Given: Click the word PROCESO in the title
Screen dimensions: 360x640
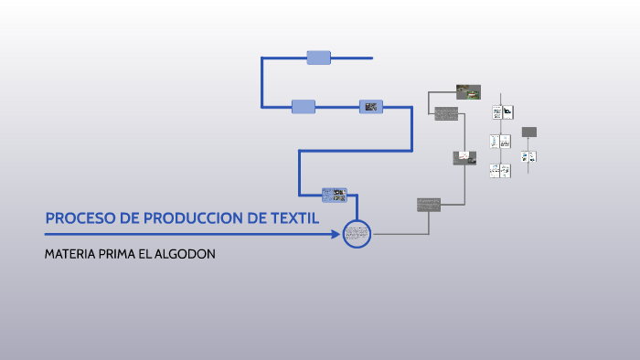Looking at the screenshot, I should [73, 218].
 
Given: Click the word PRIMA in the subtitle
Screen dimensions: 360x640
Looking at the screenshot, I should [117, 254].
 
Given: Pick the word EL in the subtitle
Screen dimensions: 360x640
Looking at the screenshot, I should [148, 254].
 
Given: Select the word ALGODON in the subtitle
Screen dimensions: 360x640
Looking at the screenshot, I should [187, 254].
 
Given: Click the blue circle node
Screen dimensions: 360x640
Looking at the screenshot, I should [357, 234].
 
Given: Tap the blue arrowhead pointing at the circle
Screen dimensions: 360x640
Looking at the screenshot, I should [336, 234].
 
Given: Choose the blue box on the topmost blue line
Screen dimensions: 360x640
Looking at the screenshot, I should [318, 58].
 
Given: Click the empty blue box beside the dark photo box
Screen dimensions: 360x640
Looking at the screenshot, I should [304, 107].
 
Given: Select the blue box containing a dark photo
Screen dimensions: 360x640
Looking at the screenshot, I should [370, 107].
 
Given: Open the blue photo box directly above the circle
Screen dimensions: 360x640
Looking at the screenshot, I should [334, 195].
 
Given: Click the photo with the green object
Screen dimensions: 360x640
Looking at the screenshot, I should [468, 91].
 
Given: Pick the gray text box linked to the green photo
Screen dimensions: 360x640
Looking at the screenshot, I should [446, 113].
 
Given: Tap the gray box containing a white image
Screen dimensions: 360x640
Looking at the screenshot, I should [464, 157].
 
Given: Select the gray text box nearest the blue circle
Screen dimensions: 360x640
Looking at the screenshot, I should [428, 204].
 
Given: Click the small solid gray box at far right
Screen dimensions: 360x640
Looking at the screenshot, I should [528, 132].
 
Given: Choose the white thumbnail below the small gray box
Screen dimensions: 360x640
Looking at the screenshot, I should [528, 156].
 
